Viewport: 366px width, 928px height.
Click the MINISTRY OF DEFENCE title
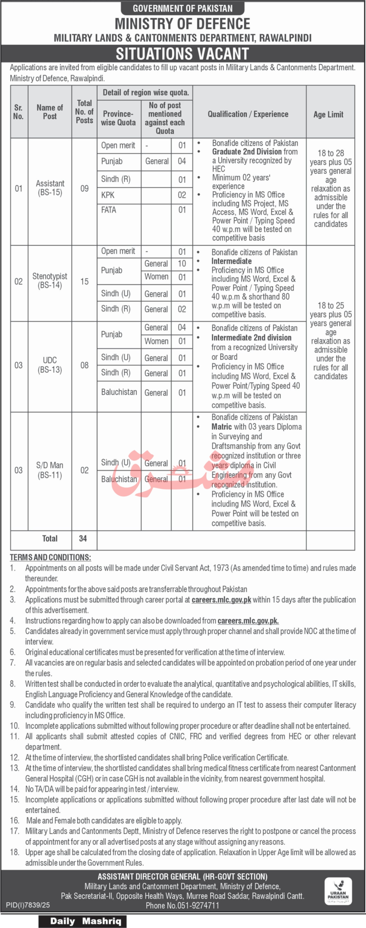coord(183,24)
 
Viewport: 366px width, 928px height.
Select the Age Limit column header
coord(328,115)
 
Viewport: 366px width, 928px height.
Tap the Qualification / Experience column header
coord(248,115)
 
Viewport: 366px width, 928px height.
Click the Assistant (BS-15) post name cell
coord(50,188)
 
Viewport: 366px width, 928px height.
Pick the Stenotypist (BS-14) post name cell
coord(50,281)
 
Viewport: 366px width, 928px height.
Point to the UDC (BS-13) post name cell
coord(50,365)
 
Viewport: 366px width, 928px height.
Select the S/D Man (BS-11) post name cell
coord(50,470)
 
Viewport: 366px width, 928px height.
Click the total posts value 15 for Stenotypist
coord(84,282)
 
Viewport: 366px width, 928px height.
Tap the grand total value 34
coord(83,538)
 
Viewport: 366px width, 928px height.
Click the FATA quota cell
coord(109,210)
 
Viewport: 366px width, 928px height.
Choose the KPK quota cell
coord(108,195)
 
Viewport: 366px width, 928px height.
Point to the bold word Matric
coord(222,427)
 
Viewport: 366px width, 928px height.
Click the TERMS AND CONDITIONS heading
coord(51,557)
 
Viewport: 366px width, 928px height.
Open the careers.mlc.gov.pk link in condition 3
coord(221,600)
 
